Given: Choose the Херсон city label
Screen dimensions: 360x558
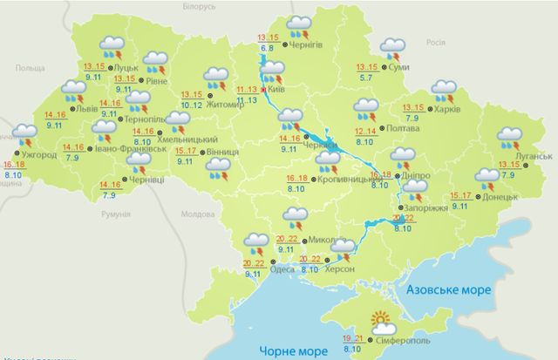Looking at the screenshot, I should coord(341,270).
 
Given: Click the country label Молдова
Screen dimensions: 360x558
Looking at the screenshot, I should coord(194,214).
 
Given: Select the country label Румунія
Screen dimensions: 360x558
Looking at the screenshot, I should coord(116,214).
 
